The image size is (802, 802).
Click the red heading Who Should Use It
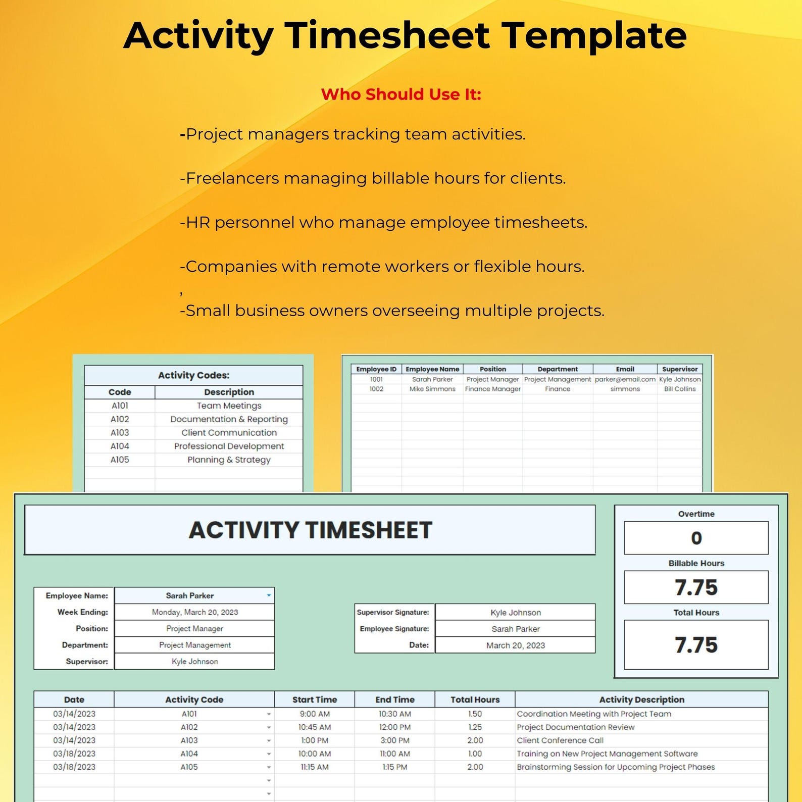[x=401, y=94]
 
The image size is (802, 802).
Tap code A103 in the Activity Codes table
[x=120, y=433]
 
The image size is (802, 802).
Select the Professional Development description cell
[x=229, y=446]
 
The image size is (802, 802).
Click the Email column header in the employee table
[x=625, y=369]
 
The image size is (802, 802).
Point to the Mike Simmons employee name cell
[x=432, y=389]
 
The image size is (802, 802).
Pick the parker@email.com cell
[x=625, y=379]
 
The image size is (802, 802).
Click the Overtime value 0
[x=696, y=538]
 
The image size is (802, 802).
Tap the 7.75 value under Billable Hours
[x=696, y=587]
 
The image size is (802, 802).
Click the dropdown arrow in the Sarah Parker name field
[x=269, y=595]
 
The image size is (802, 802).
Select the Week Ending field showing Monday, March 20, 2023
[x=195, y=612]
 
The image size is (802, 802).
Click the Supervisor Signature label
[x=393, y=612]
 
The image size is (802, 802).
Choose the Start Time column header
[x=315, y=699]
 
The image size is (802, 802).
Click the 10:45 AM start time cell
[x=315, y=727]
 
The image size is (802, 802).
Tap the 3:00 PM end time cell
[x=395, y=740]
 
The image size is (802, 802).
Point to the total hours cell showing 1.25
[x=475, y=727]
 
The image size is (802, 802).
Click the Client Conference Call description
[x=560, y=740]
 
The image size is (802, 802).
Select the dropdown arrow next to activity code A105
[x=269, y=767]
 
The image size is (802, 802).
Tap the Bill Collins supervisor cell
[x=680, y=389]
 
